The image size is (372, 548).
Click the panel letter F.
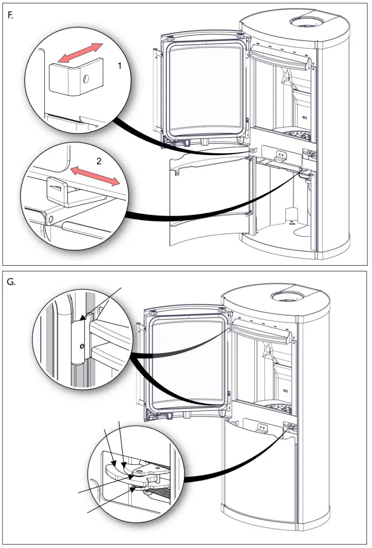(10, 16)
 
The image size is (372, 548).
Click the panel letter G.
(12, 282)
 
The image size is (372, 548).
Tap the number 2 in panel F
(99, 161)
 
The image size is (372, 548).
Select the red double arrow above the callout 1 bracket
(79, 53)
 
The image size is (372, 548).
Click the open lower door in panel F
(211, 201)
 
